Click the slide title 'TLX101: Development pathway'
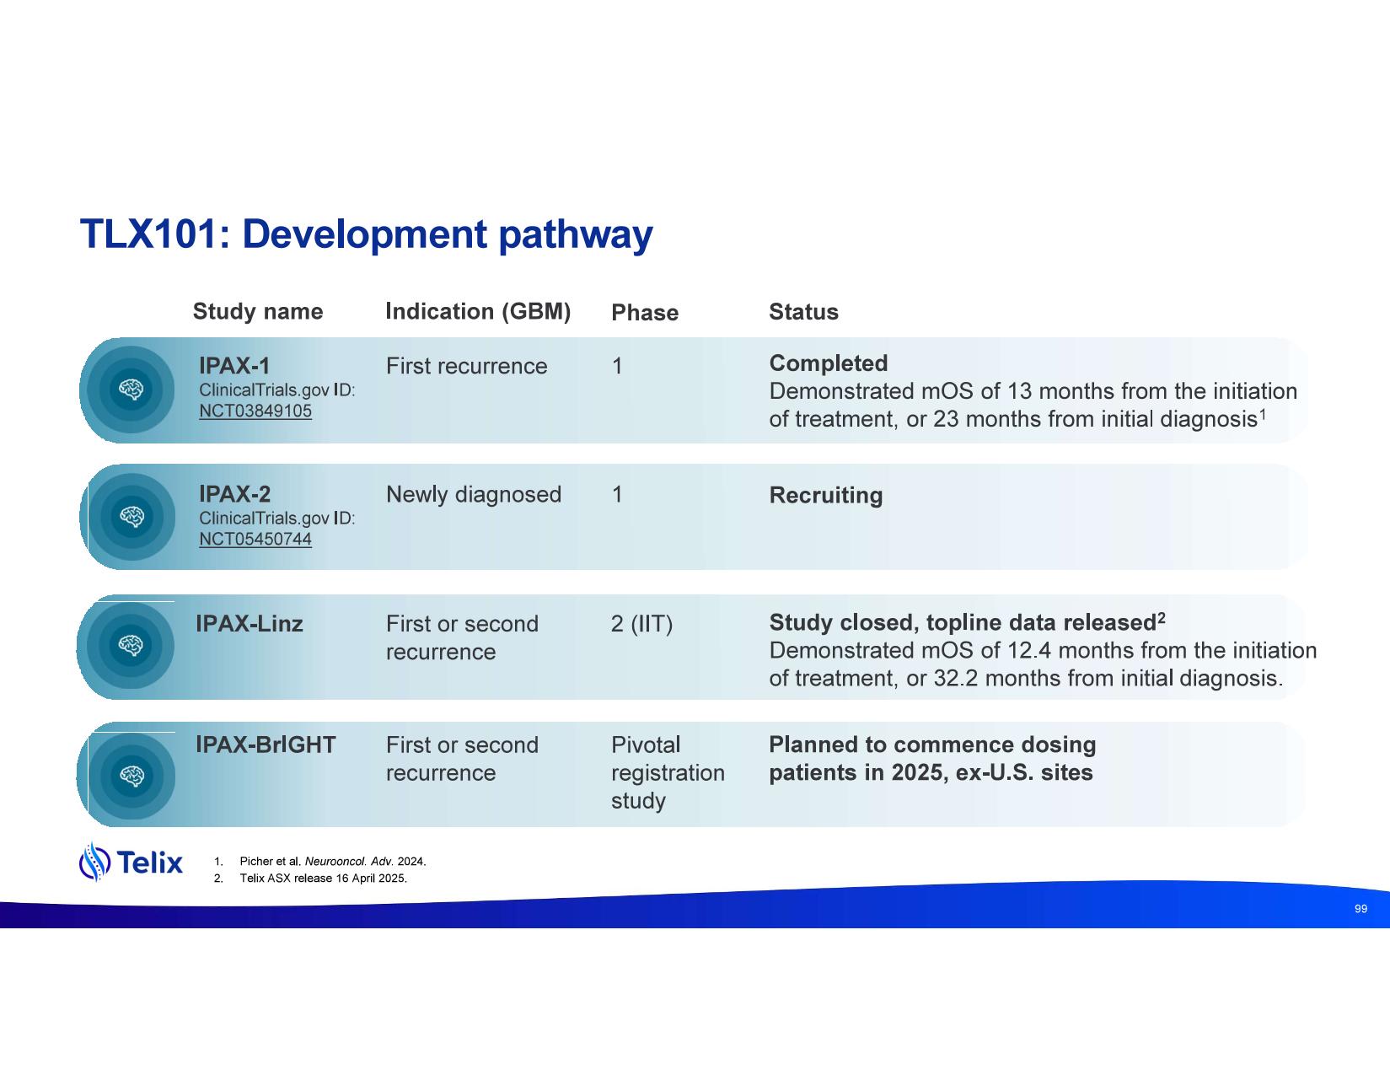(x=366, y=234)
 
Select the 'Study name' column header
(x=258, y=311)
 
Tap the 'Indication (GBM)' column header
(x=478, y=311)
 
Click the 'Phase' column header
(x=645, y=312)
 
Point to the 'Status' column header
(x=803, y=311)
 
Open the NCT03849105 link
(x=255, y=411)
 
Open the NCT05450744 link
(x=255, y=539)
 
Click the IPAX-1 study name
(x=234, y=366)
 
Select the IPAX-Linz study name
(x=249, y=624)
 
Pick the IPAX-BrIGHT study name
(x=266, y=744)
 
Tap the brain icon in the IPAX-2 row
(x=131, y=517)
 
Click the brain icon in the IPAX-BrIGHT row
(x=131, y=777)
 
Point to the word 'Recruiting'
(x=826, y=496)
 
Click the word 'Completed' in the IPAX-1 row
(x=829, y=363)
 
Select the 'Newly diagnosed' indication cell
(x=474, y=494)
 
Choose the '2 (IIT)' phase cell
(x=641, y=624)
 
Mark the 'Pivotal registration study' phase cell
(x=668, y=772)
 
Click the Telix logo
(x=131, y=862)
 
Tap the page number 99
(x=1360, y=909)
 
